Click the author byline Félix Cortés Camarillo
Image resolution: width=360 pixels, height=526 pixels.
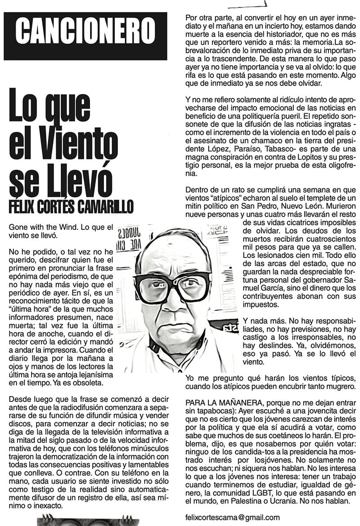point(71,207)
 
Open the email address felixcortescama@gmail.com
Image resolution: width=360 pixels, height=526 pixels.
point(232,517)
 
